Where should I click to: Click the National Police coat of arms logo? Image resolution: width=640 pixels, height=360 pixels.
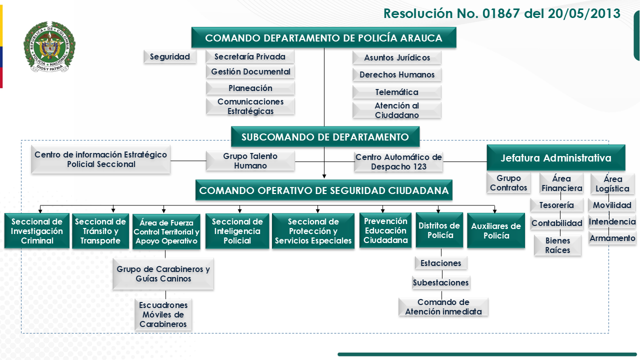[49, 47]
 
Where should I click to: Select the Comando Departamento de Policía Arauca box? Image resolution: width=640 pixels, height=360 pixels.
[323, 38]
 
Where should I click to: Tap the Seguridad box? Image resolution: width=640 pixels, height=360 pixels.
[170, 57]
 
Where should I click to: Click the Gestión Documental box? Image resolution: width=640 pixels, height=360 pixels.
[250, 72]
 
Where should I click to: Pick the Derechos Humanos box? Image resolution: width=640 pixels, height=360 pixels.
[397, 75]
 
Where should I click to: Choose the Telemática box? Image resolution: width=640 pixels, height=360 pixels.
[397, 92]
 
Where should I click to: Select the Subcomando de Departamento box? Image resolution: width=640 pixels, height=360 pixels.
[325, 137]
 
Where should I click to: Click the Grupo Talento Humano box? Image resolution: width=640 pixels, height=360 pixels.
[250, 161]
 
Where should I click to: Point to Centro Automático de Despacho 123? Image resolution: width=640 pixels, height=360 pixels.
[398, 161]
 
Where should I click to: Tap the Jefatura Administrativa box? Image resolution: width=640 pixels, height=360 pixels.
[556, 158]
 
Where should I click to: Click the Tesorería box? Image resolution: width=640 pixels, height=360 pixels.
[556, 205]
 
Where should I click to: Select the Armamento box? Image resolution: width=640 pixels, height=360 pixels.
[612, 238]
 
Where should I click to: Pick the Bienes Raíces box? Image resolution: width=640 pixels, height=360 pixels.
[557, 245]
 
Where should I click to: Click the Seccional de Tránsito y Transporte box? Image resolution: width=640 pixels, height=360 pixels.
[100, 231]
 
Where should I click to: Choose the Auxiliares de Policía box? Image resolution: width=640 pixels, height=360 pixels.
[496, 231]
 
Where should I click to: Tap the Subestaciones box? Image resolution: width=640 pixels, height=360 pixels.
[441, 282]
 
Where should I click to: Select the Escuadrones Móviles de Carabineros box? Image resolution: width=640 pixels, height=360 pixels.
[163, 314]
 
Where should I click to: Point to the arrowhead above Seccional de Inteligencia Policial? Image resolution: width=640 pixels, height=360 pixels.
[240, 210]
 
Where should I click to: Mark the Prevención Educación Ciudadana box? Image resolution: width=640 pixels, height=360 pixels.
[385, 230]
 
